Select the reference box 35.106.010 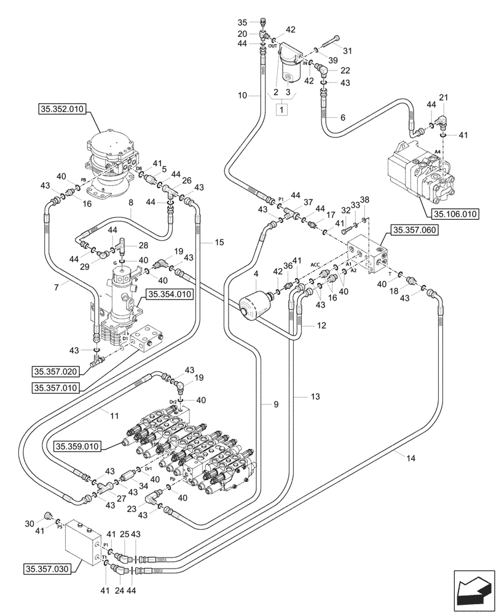tap(455, 214)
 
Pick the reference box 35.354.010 tap(168, 295)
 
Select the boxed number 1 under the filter tap(282, 109)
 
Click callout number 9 tap(276, 403)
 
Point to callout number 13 tap(315, 398)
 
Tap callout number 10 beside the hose tap(242, 95)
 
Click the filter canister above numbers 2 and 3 tap(289, 69)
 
